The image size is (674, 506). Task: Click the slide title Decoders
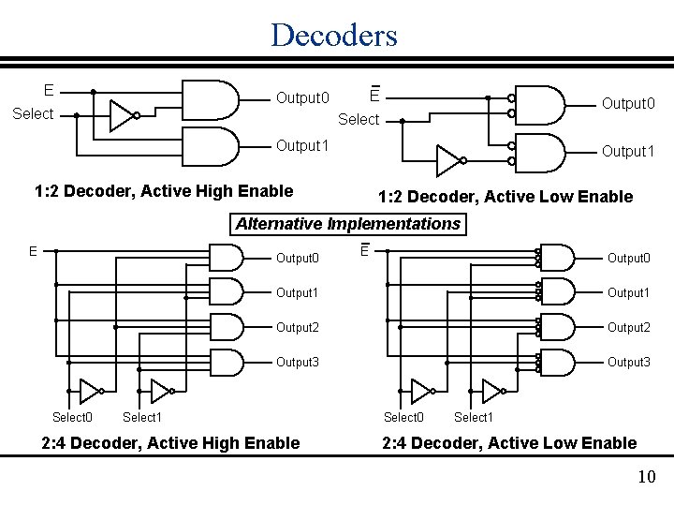(334, 35)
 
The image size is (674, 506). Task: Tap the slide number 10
(645, 478)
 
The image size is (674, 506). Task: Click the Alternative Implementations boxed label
(348, 224)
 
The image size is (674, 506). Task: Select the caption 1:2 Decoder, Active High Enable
(164, 191)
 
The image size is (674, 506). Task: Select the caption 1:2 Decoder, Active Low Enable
(505, 197)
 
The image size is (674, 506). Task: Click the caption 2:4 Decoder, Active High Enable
(171, 442)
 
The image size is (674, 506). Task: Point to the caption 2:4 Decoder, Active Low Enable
(509, 442)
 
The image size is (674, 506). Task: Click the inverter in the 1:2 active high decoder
(123, 115)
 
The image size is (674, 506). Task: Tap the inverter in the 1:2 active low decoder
(450, 160)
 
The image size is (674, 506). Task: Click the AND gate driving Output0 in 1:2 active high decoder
(212, 98)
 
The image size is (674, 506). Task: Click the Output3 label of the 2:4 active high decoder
(297, 362)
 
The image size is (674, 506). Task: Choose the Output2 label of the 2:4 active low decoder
(628, 327)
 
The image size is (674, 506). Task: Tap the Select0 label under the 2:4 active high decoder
(72, 417)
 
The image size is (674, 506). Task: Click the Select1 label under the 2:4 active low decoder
(473, 417)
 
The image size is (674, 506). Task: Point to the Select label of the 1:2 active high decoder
(32, 114)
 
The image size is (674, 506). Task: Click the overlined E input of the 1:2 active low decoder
(373, 95)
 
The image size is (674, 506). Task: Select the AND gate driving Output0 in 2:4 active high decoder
(227, 258)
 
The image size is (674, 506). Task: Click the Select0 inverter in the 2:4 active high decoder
(91, 390)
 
